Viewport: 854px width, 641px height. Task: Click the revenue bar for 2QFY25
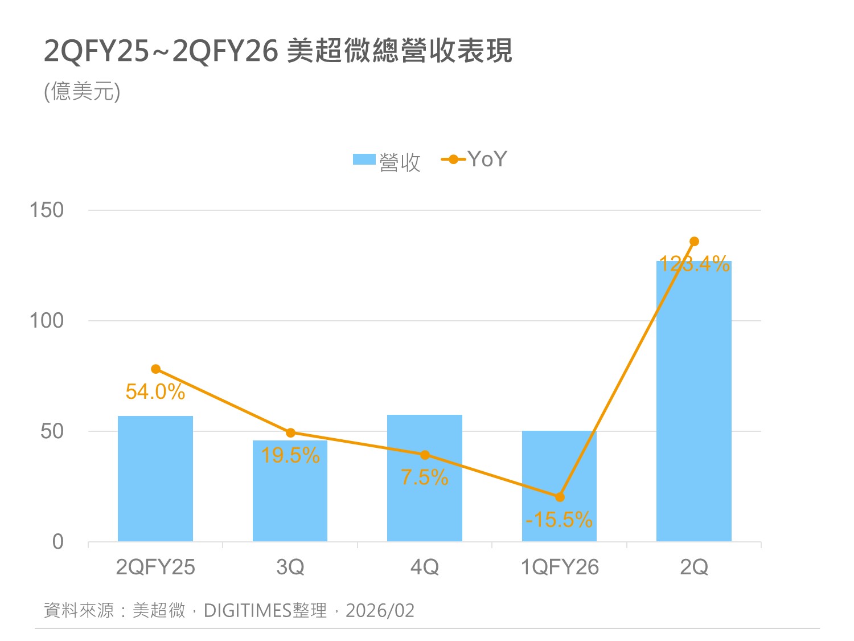click(155, 479)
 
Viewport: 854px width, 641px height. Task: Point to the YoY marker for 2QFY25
click(155, 369)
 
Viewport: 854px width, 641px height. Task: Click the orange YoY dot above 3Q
click(290, 432)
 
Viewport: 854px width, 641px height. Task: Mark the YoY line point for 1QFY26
click(560, 497)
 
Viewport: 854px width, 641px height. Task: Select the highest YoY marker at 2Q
click(694, 242)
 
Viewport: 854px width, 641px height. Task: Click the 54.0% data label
click(155, 392)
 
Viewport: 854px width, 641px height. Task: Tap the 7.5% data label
click(425, 477)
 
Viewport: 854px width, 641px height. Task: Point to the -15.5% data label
click(559, 520)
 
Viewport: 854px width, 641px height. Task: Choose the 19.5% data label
click(290, 455)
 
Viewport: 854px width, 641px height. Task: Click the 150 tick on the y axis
click(47, 210)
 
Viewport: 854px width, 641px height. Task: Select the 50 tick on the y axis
click(52, 431)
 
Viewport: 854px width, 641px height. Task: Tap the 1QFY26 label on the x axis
click(560, 567)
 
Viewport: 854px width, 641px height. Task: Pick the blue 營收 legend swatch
click(364, 160)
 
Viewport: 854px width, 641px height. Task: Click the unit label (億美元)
click(83, 91)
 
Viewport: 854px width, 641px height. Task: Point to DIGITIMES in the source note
click(248, 611)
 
